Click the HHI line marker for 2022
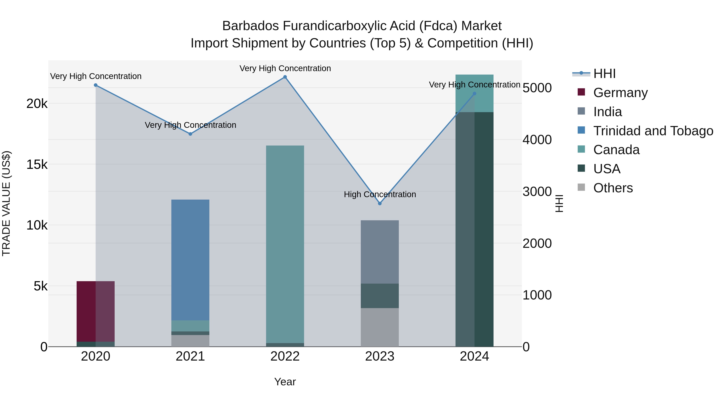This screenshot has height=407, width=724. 285,77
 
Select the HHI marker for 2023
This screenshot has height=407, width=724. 380,203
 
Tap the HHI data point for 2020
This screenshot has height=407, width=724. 96,85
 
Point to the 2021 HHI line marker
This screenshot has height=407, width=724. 190,134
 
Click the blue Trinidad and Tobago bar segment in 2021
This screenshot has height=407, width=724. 190,260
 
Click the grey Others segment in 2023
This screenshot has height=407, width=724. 380,327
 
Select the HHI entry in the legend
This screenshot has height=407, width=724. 604,74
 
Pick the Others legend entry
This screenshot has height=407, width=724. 613,188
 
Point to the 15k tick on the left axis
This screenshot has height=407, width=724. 37,165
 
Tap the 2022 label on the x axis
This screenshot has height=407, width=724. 285,356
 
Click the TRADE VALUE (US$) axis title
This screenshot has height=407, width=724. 6,203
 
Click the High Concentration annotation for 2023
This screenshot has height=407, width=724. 380,194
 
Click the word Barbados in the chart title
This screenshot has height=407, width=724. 250,26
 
